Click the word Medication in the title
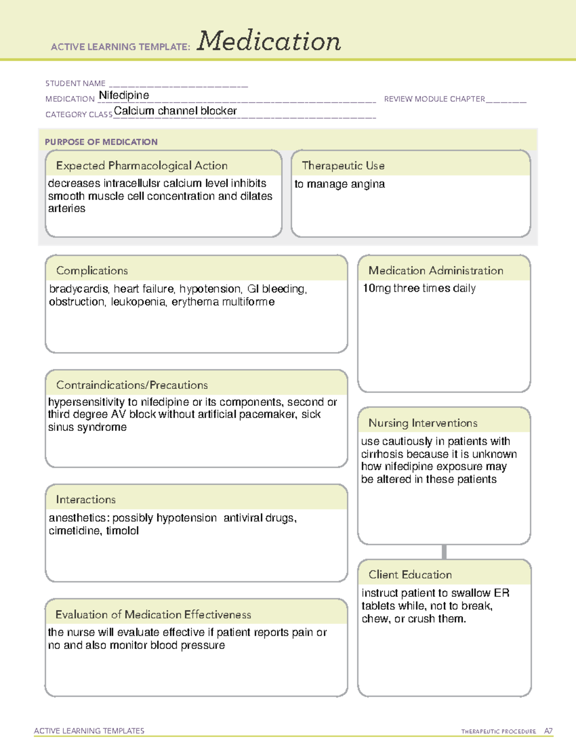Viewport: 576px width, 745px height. point(268,41)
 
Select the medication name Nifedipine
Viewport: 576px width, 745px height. point(124,95)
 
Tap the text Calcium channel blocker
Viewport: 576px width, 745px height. point(175,111)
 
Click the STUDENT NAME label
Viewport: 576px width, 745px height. point(75,83)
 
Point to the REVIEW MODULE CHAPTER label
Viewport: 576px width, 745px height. point(434,99)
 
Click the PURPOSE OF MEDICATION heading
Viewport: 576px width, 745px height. point(101,142)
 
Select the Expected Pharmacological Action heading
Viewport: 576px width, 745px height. point(142,166)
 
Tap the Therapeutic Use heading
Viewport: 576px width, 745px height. point(343,166)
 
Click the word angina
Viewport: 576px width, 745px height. point(370,184)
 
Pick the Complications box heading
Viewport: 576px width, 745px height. point(92,271)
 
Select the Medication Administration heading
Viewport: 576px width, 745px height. point(435,271)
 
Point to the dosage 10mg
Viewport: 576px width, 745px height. point(376,288)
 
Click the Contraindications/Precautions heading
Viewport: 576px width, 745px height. point(132,385)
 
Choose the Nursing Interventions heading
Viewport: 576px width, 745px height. point(422,423)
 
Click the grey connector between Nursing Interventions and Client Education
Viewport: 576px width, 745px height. point(444,552)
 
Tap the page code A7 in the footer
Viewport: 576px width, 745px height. point(548,731)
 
